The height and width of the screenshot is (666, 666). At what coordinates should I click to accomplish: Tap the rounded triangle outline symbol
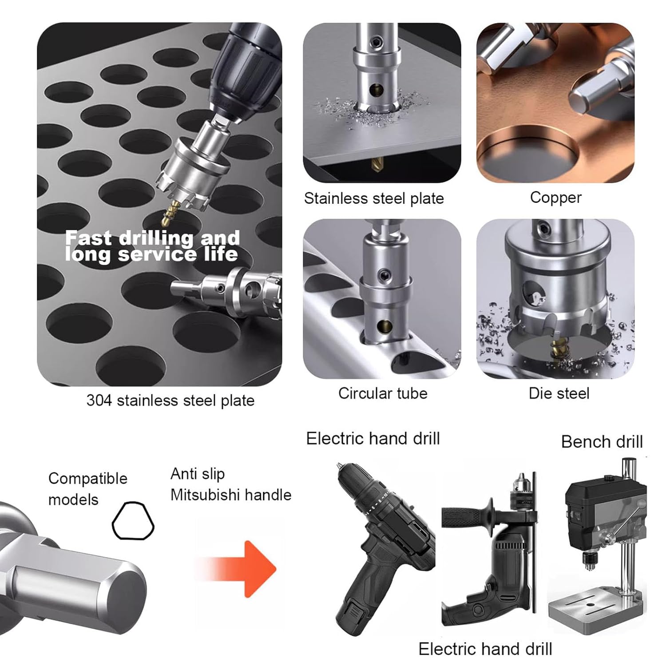click(133, 521)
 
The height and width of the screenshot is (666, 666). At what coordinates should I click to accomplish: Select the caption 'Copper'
click(555, 197)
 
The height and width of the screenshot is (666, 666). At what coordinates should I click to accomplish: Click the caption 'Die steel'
click(559, 393)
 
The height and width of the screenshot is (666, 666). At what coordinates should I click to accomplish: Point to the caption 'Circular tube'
click(382, 393)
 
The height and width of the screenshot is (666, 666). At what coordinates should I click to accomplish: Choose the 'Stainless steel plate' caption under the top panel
click(374, 198)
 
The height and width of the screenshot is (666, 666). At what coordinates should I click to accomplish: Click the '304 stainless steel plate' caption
click(170, 400)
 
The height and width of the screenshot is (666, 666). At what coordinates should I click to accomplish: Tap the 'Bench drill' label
click(602, 442)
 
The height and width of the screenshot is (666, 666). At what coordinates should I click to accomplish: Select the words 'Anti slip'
click(198, 474)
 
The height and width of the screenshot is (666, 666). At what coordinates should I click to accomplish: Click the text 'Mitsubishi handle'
click(231, 495)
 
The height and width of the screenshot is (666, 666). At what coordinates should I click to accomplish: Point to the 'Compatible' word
click(88, 478)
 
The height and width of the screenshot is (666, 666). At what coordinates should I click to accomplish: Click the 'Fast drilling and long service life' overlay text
click(152, 246)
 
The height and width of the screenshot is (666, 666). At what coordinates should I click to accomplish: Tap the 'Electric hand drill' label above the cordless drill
click(373, 439)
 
